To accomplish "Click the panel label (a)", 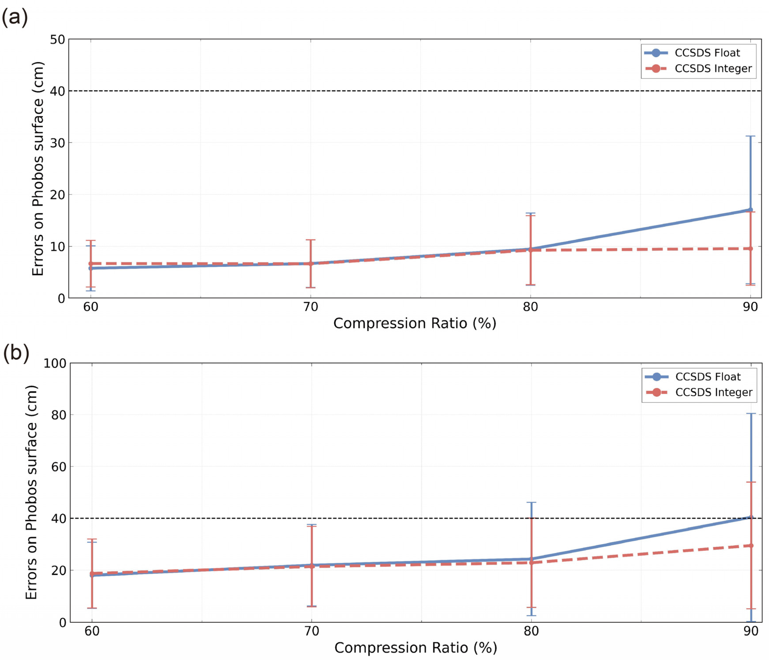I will pyautogui.click(x=15, y=17).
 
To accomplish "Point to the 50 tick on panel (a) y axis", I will pyautogui.click(x=57, y=40).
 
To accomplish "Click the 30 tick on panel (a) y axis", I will pyautogui.click(x=57, y=143).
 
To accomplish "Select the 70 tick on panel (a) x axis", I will pyautogui.click(x=311, y=307).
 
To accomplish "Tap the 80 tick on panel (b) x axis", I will pyautogui.click(x=531, y=631).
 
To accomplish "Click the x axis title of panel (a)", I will pyautogui.click(x=415, y=323).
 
